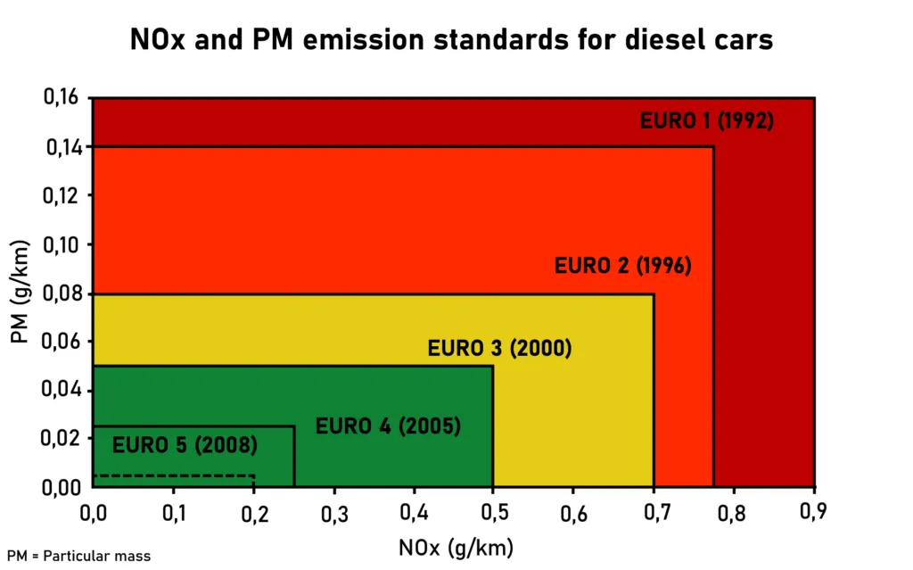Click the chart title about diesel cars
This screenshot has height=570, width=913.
point(451,39)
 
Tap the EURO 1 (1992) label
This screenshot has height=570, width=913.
point(706,120)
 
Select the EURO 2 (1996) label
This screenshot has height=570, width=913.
point(623,266)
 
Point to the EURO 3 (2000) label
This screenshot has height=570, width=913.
point(499,348)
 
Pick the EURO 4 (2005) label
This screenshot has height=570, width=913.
point(388,425)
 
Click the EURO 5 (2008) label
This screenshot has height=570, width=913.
point(185,443)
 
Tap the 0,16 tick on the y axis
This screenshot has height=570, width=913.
point(62,97)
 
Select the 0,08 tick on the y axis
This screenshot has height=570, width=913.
point(62,293)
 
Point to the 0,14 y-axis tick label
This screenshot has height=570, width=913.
point(62,146)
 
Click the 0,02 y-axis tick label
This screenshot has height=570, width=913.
point(62,438)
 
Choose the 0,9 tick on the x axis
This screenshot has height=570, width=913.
point(813,511)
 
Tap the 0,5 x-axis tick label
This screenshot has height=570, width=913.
point(492,511)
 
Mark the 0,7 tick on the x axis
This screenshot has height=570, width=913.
point(653,511)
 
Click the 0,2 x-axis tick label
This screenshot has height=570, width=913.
point(253,511)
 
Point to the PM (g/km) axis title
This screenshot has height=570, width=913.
point(20,292)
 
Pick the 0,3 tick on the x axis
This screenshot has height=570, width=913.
point(333,511)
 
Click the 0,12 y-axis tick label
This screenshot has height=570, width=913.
point(62,195)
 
